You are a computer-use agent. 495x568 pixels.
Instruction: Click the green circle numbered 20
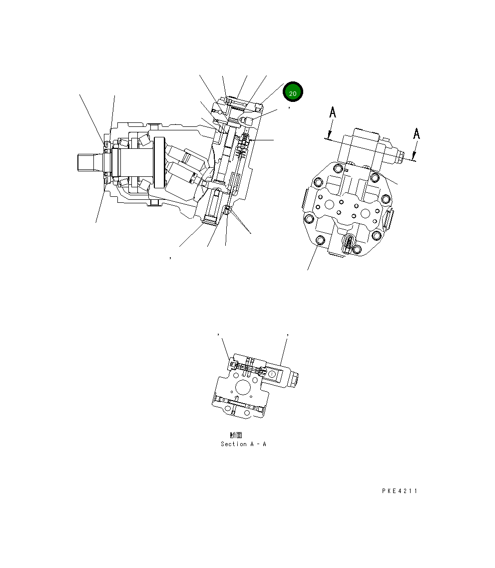coord(293,91)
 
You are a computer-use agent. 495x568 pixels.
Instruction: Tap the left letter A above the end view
coord(333,112)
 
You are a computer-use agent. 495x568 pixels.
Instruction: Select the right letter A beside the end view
coord(417,134)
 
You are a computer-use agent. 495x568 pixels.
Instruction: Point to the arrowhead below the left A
coord(329,135)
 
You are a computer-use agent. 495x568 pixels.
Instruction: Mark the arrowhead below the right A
coord(414,156)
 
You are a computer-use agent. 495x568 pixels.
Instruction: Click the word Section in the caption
coord(234,444)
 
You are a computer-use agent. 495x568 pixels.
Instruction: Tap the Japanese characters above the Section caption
coord(236,435)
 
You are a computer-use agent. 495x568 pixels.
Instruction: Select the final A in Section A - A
coord(264,444)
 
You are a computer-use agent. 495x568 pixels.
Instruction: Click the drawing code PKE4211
coord(400,491)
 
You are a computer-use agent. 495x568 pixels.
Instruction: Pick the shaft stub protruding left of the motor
coord(90,162)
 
